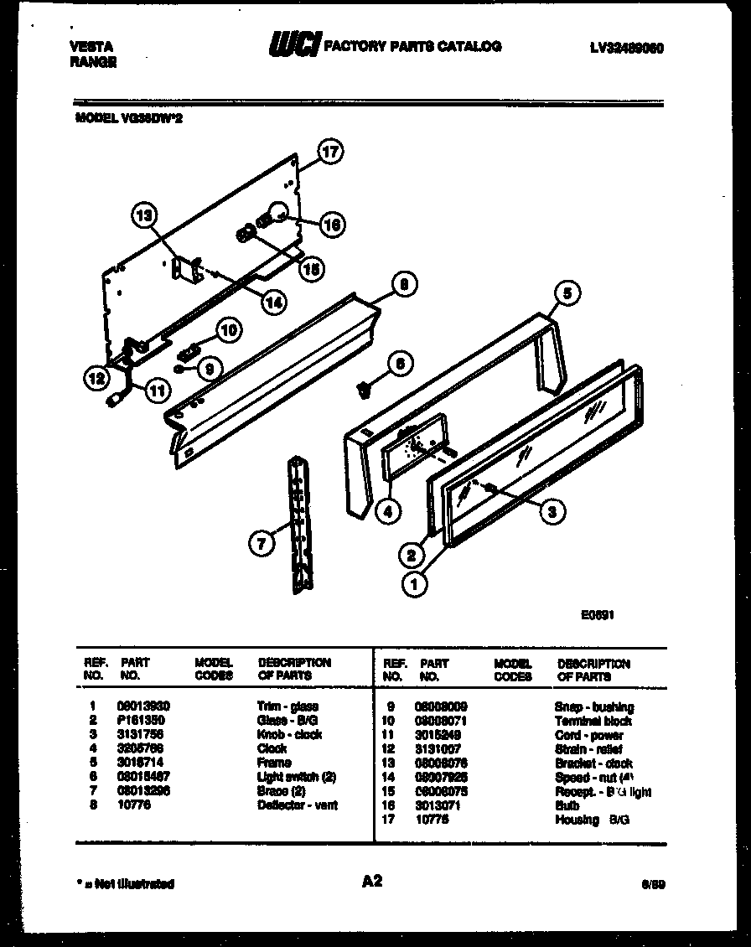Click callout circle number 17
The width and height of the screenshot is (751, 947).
click(331, 152)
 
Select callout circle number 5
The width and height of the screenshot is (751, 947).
click(567, 293)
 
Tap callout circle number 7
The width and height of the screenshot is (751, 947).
click(262, 544)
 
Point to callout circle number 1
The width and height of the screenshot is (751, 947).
click(413, 583)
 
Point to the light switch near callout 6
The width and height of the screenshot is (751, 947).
click(365, 387)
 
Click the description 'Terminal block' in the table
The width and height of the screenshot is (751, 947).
click(593, 721)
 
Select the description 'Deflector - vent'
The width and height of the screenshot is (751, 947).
click(297, 805)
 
